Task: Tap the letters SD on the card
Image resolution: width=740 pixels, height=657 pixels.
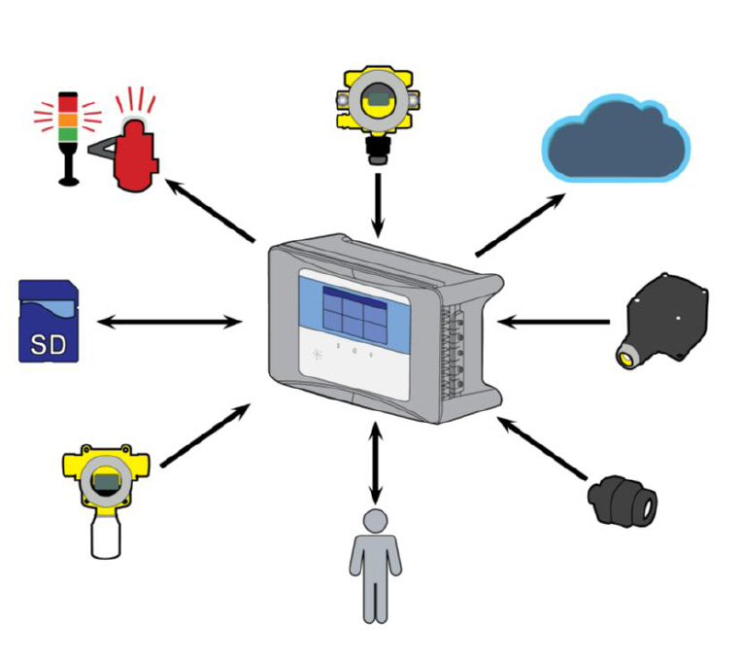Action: coord(48,342)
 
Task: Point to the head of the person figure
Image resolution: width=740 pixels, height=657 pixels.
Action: coord(375,521)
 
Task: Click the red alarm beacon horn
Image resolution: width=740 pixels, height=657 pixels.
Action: coord(136,151)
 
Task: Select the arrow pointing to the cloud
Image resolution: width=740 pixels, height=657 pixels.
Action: coord(521,224)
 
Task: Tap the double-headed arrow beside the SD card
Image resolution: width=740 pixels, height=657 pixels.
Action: coord(171,322)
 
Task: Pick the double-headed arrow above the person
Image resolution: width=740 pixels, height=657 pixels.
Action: coord(375,462)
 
